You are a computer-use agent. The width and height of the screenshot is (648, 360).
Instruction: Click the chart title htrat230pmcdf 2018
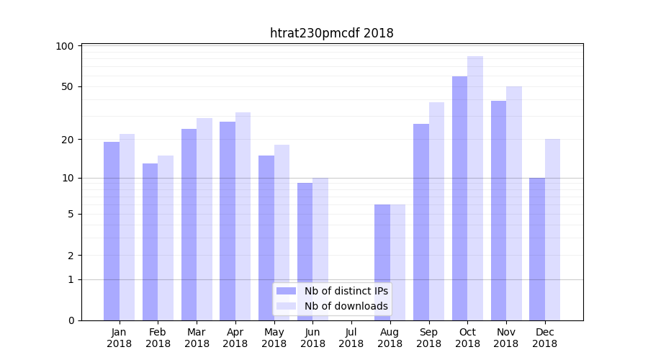331,33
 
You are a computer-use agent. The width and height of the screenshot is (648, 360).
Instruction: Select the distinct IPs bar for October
459,198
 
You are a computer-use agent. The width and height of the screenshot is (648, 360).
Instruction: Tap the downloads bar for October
475,188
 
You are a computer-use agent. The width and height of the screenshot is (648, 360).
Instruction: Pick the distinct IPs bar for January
112,230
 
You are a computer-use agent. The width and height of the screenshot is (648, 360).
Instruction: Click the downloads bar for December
552,229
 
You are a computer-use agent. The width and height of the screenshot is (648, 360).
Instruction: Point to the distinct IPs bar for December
537,248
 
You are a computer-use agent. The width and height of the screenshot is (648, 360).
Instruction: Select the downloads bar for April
243,216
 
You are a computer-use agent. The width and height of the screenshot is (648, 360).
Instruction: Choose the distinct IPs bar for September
421,222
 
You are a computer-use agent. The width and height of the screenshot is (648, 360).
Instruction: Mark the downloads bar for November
514,203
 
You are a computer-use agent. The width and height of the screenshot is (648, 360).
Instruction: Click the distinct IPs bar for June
305,251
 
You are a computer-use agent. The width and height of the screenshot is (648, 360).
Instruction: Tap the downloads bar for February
166,238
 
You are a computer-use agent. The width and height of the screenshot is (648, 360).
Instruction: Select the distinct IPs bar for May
266,238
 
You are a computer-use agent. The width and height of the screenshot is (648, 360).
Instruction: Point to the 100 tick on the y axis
65,46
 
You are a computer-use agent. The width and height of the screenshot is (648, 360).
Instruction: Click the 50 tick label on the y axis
68,86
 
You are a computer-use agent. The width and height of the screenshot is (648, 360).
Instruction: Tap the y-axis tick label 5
71,214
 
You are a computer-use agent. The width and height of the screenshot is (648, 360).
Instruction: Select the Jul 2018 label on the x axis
351,338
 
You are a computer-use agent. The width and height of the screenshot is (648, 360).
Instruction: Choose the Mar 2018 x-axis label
197,338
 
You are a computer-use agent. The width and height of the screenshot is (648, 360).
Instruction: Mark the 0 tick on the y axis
71,320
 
